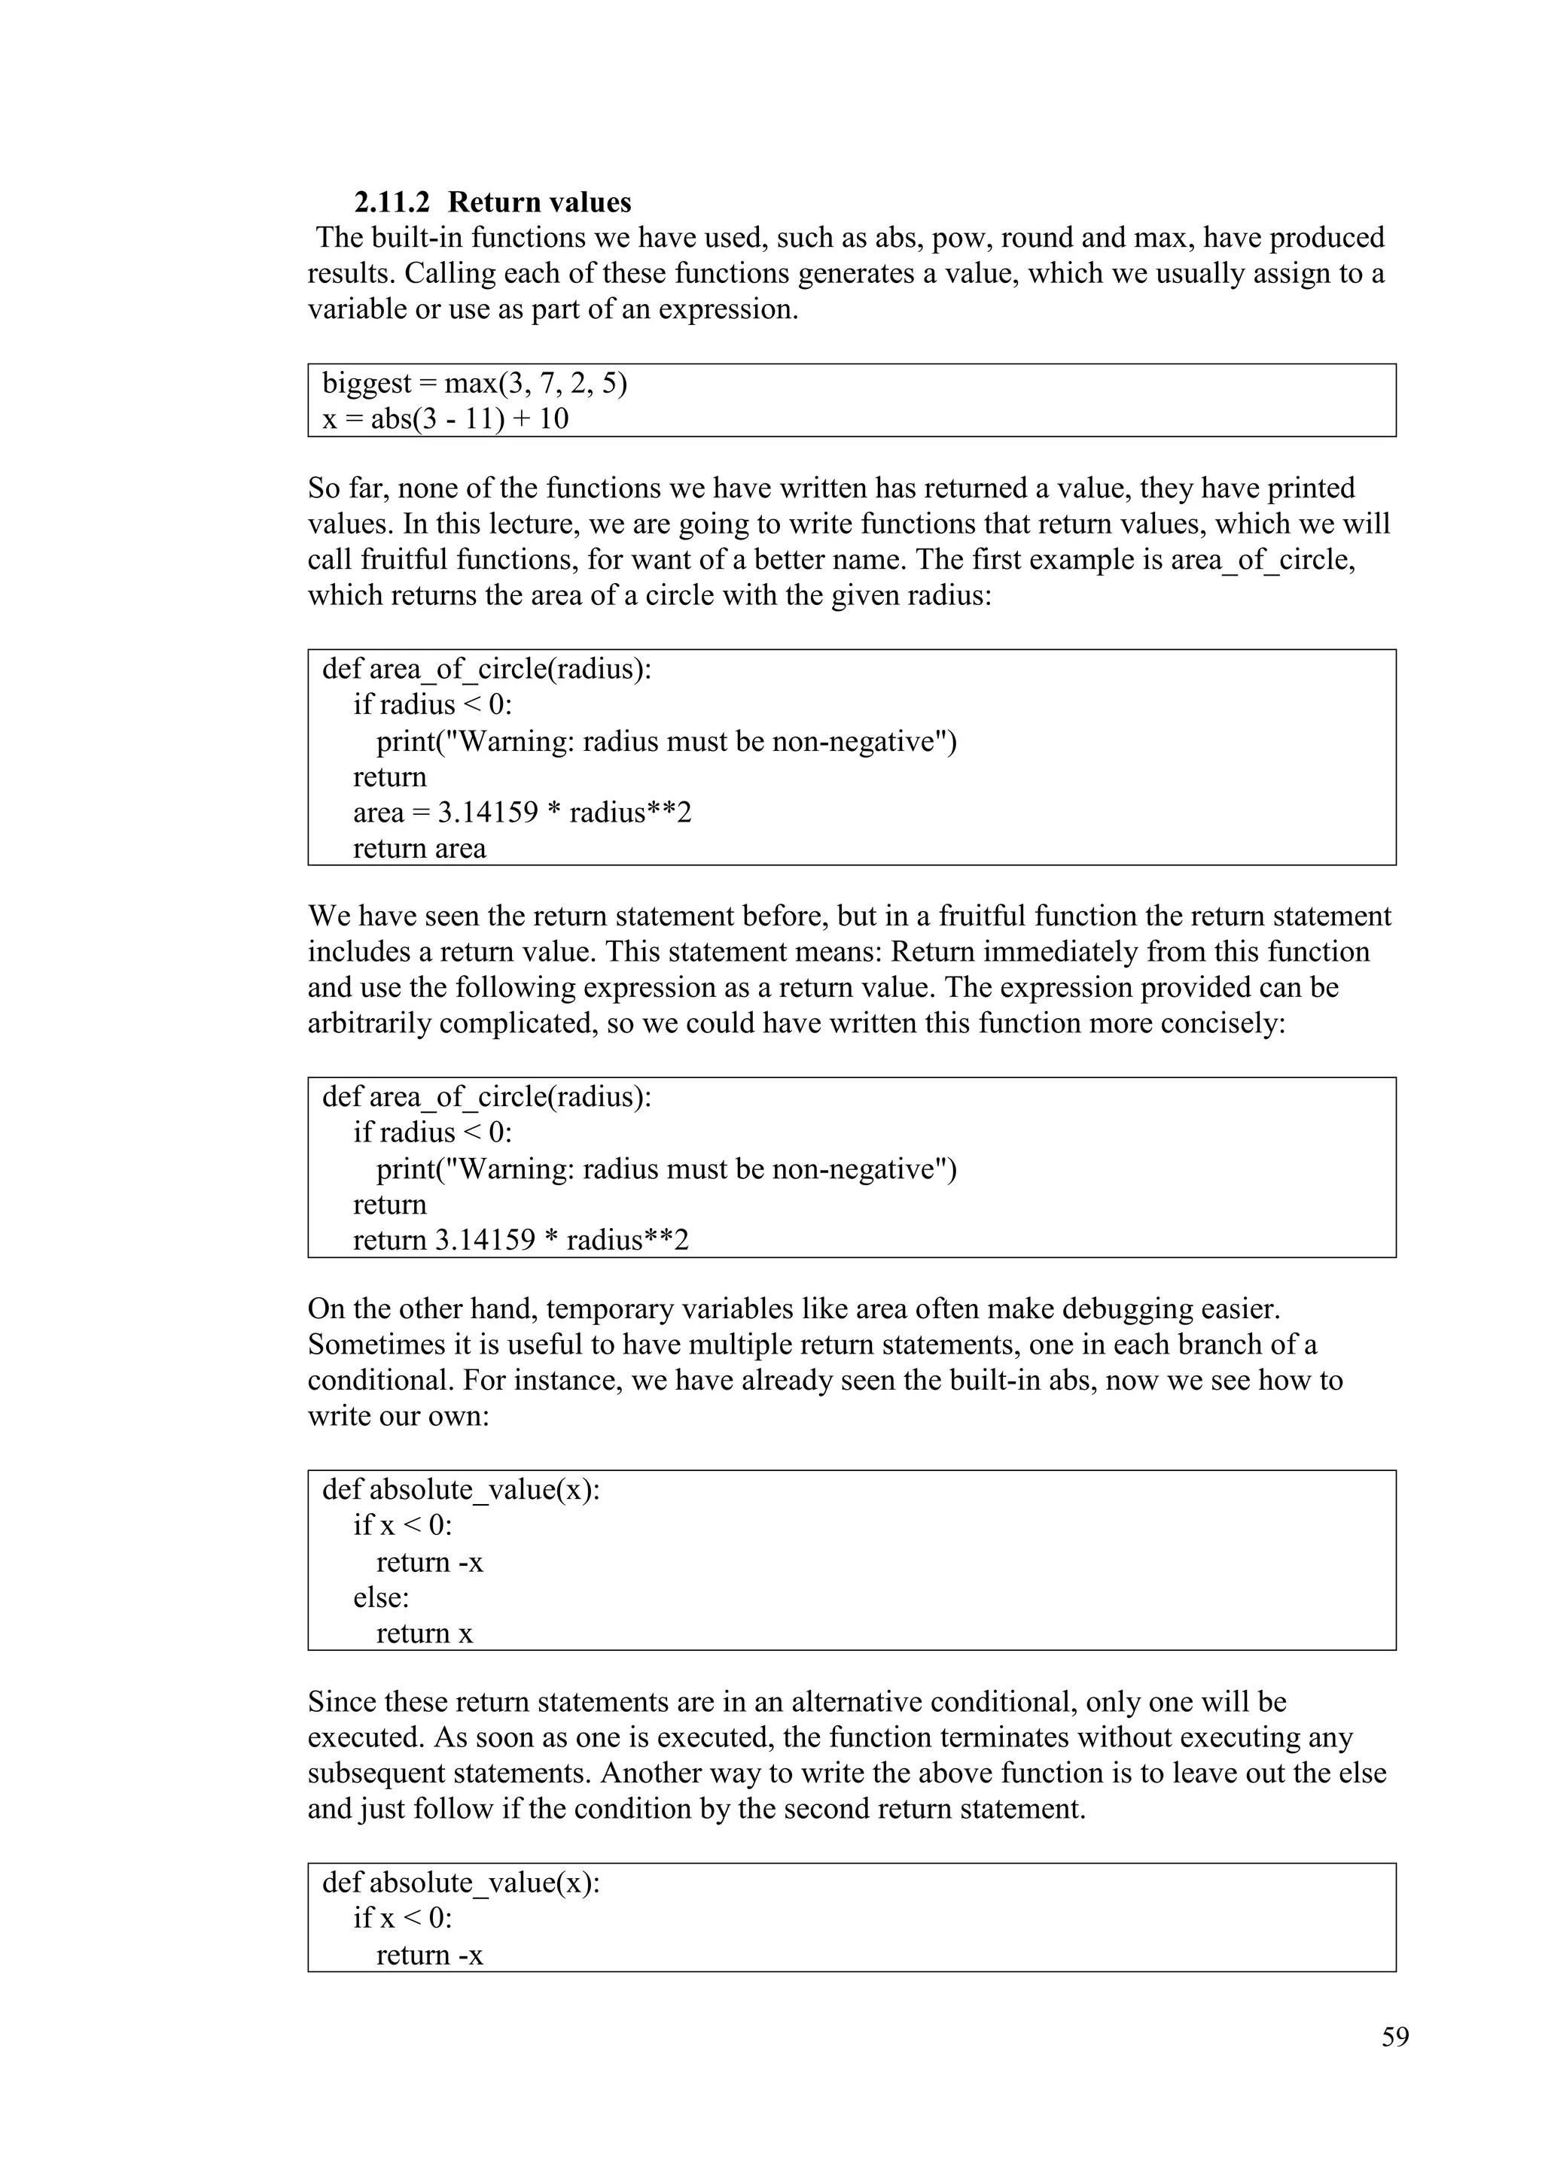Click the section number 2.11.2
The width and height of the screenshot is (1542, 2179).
pyautogui.click(x=392, y=202)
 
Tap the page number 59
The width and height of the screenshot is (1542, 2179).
pyautogui.click(x=1395, y=2037)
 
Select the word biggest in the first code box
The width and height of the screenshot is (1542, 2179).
pyautogui.click(x=367, y=384)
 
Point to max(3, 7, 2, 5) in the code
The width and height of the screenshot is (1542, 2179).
pyautogui.click(x=535, y=384)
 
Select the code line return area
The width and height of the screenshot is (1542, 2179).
pyautogui.click(x=419, y=849)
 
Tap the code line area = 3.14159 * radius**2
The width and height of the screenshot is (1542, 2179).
pyautogui.click(x=523, y=813)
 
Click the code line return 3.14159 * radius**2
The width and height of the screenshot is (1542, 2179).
pyautogui.click(x=520, y=1241)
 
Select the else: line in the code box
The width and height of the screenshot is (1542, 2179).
pyautogui.click(x=381, y=1598)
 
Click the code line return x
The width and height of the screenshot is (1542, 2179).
pyautogui.click(x=423, y=1633)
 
